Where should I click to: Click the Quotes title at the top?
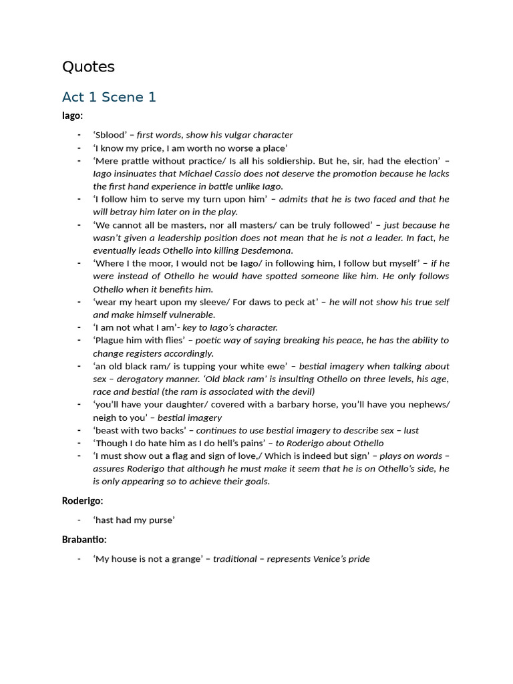pyautogui.click(x=88, y=67)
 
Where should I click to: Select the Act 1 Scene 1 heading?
pyautogui.click(x=109, y=97)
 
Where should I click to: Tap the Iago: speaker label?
pyautogui.click(x=72, y=116)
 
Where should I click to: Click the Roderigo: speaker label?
pyautogui.click(x=83, y=500)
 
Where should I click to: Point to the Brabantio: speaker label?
pyautogui.click(x=84, y=539)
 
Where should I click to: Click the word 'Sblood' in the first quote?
pyautogui.click(x=111, y=135)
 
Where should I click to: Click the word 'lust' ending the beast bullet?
pyautogui.click(x=411, y=430)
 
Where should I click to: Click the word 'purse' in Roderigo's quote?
pyautogui.click(x=160, y=520)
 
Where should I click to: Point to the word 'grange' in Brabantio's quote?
pyautogui.click(x=183, y=558)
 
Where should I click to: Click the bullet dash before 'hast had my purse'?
pyautogui.click(x=79, y=520)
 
